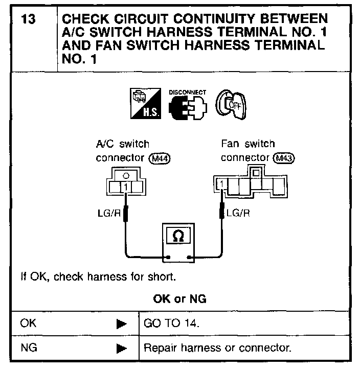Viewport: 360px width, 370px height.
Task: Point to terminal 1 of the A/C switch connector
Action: tap(126, 188)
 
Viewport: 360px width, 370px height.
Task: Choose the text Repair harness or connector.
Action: tap(217, 349)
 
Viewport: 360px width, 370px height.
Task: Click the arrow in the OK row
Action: tap(122, 324)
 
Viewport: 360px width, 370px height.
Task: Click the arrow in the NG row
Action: tap(122, 349)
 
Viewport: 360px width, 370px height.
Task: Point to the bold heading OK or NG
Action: tap(179, 299)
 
